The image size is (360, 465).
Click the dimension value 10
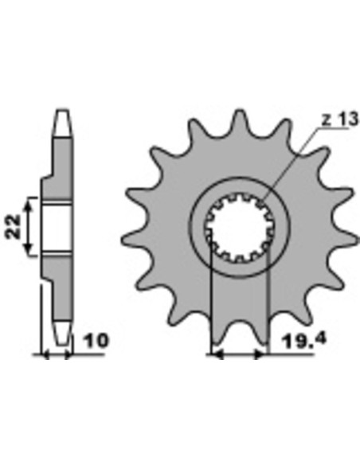pyautogui.click(x=96, y=341)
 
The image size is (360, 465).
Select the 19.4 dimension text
pyautogui.click(x=304, y=341)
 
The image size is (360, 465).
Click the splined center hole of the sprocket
pyautogui.click(x=238, y=228)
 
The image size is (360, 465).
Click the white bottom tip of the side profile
pyautogui.click(x=63, y=333)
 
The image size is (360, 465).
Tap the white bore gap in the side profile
pyautogui.click(x=57, y=228)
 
